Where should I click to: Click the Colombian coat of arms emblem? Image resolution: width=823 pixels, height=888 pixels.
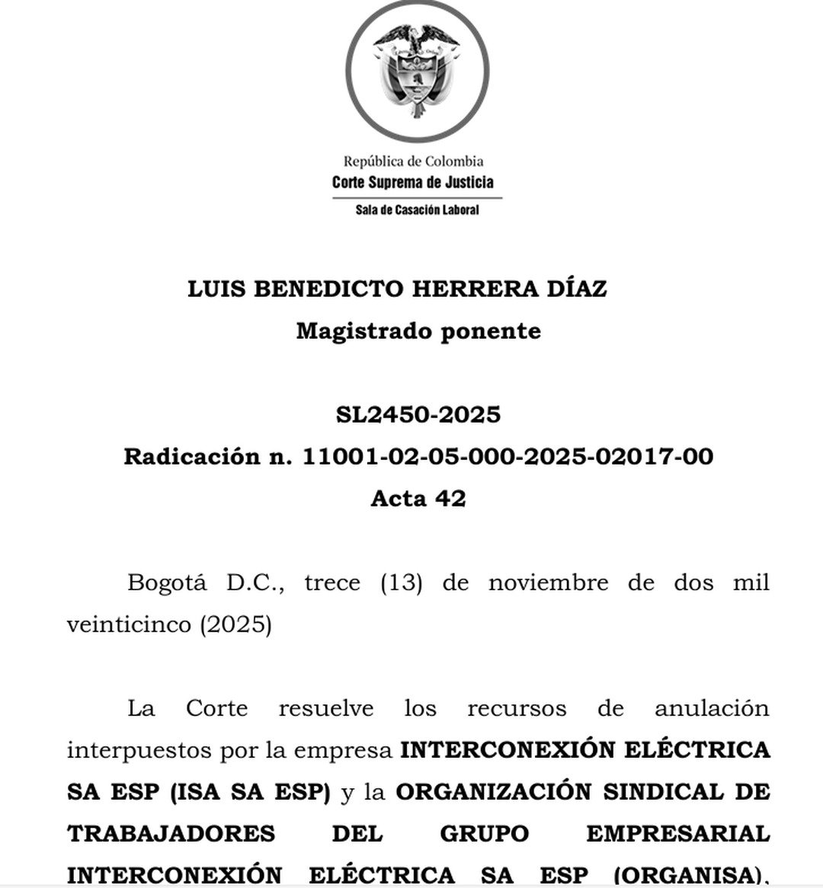(416, 70)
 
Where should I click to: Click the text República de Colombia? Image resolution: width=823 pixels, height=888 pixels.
(413, 161)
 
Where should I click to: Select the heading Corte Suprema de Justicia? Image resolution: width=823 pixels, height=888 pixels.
(413, 182)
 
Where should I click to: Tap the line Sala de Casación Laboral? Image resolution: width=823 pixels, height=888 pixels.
(417, 209)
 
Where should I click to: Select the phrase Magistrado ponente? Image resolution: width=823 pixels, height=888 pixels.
(418, 331)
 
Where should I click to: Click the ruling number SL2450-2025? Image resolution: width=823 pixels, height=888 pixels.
(418, 415)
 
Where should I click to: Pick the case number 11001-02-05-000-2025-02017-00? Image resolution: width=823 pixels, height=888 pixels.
(508, 457)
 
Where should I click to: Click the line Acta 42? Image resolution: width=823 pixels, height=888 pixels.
(418, 499)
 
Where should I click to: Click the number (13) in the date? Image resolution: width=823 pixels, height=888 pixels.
(401, 583)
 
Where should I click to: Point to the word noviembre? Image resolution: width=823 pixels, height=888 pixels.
(548, 583)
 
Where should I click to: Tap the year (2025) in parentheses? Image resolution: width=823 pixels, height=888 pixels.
(235, 625)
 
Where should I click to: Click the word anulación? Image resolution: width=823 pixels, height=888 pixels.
(712, 709)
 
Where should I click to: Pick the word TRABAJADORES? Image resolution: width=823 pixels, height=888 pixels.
(171, 834)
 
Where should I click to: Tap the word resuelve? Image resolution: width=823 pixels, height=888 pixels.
(326, 709)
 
